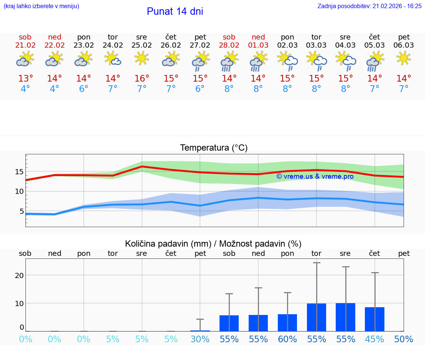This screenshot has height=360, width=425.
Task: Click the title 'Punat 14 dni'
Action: pos(175,11)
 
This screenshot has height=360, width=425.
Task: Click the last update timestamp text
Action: pos(369,6)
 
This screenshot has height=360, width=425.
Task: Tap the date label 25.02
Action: pos(142,45)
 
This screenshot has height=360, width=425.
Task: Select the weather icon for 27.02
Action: pos(200,61)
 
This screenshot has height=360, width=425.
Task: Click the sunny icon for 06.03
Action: pos(404,58)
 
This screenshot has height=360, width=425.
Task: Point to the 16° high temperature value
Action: pos(142,79)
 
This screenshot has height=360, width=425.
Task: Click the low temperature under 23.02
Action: pos(84,89)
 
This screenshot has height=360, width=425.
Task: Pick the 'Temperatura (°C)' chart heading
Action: pos(214,148)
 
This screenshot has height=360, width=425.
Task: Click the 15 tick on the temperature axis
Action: pos(19,172)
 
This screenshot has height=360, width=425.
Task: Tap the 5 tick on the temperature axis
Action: pos(21,212)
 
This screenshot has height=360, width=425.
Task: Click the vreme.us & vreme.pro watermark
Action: pos(315,176)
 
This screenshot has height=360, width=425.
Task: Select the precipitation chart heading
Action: pos(213,244)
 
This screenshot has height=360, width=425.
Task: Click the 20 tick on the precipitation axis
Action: pos(19,275)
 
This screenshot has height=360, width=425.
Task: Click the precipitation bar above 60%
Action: pos(287,323)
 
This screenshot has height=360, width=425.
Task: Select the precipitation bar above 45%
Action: pos(374,319)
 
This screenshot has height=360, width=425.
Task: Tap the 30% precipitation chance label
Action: pos(200,339)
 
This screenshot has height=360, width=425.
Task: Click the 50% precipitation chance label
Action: pos(404,339)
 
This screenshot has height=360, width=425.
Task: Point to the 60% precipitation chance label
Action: pos(287,339)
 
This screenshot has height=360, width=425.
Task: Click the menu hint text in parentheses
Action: pos(41,6)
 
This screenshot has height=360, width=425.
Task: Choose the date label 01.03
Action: pos(258,45)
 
